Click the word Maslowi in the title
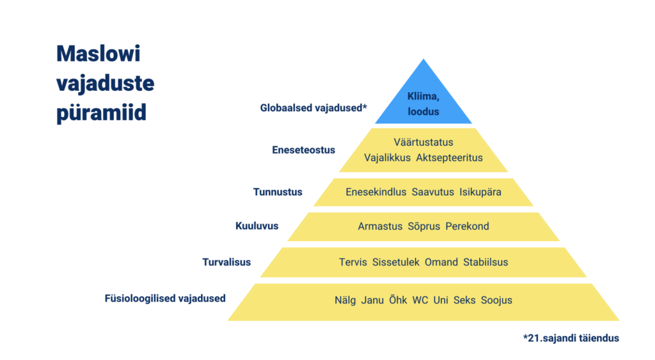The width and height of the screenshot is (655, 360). coord(99,54)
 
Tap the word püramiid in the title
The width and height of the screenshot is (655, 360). coord(102,113)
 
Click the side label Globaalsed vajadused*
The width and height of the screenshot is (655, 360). coord(313,108)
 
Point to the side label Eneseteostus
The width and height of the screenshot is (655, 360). coord(303,150)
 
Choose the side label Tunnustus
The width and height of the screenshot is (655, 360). coord(278,192)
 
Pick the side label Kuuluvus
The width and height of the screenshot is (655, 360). coord(257,226)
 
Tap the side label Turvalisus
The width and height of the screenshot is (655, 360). coord(226,262)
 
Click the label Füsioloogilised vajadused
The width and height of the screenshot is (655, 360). coord(165,299)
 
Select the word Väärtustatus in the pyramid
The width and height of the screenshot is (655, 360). coord(423,143)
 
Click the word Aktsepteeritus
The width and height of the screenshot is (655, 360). coord(450,158)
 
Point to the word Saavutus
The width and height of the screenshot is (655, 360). coord(433,192)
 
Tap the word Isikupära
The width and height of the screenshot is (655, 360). coord(480,192)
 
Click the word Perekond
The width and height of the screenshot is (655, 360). coord(467,226)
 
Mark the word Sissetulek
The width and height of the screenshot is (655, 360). coord(395,262)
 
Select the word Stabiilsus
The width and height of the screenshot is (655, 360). coord(485,262)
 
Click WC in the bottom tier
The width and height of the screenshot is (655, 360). coord(420,301)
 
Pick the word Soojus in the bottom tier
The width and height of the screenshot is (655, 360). coord(496,301)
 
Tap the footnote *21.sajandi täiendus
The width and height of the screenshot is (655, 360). coord(571,338)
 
